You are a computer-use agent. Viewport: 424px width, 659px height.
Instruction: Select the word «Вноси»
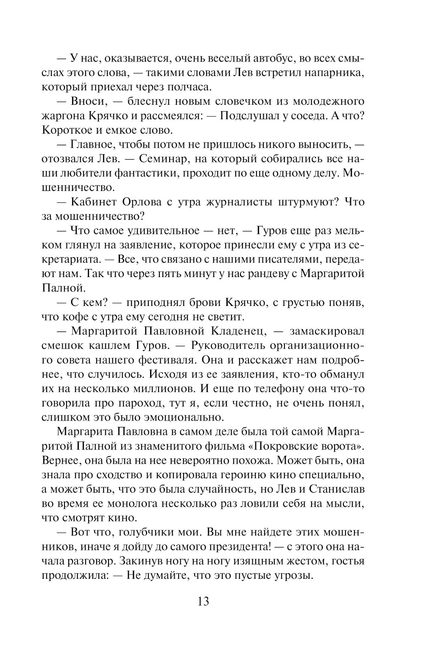pyautogui.click(x=85, y=101)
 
